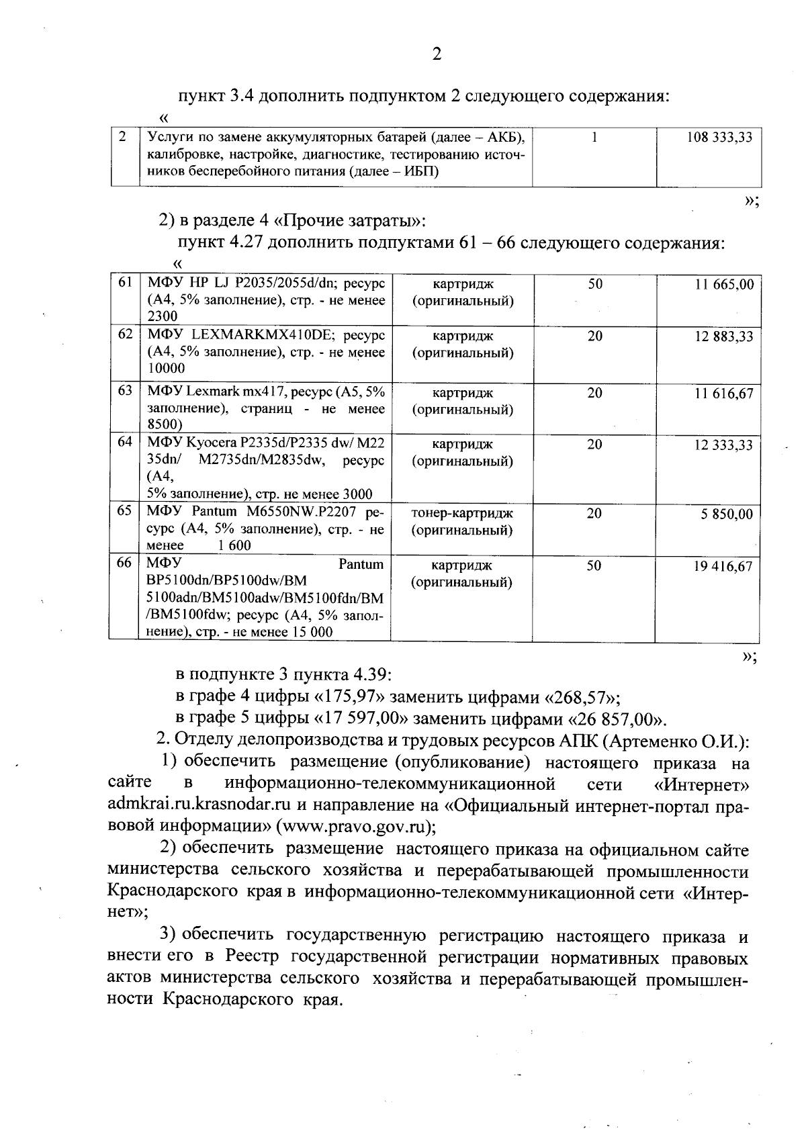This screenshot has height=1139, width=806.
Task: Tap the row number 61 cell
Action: (125, 283)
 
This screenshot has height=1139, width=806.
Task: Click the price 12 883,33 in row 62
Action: (723, 337)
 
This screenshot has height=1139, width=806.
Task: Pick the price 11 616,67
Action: (723, 394)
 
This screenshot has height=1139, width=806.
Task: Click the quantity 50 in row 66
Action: (594, 566)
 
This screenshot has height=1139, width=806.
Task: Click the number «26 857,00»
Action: (616, 720)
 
